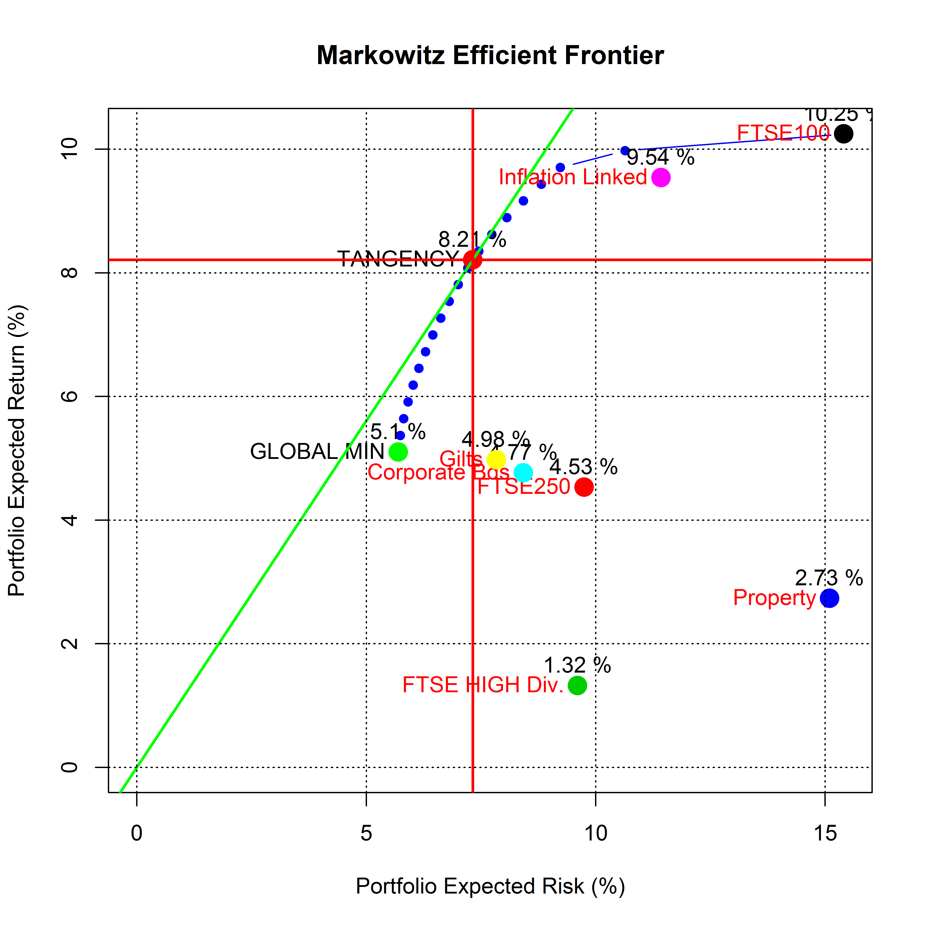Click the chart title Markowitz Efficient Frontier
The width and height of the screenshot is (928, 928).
tap(490, 55)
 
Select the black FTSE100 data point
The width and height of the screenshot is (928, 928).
tap(843, 133)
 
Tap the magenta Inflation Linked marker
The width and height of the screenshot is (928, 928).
tap(661, 178)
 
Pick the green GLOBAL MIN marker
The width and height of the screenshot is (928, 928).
tap(398, 451)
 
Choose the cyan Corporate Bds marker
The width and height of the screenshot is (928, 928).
tap(523, 473)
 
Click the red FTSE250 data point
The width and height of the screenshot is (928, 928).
tap(584, 487)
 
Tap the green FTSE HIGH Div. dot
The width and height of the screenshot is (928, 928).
tap(577, 685)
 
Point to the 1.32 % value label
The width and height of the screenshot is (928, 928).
tap(577, 665)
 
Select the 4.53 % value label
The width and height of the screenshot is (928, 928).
tap(584, 467)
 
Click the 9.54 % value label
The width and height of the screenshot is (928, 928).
tap(661, 158)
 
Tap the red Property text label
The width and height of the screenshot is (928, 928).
tap(774, 598)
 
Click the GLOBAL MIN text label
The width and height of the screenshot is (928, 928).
tap(317, 451)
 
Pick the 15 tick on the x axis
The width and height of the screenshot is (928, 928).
tap(825, 833)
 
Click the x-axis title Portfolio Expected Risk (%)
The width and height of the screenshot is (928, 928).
tap(490, 886)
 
